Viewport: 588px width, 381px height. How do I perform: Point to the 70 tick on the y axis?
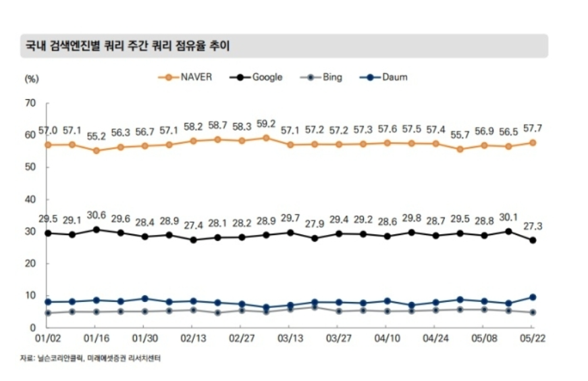click(30, 103)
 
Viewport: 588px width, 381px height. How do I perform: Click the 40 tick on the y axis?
click(30, 199)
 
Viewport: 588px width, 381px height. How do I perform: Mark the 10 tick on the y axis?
click(30, 295)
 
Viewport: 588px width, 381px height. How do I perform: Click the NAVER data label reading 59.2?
click(266, 124)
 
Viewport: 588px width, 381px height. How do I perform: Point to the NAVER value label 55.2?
click(97, 136)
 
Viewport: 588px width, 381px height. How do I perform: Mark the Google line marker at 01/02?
click(47, 233)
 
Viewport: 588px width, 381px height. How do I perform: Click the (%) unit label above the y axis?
click(31, 78)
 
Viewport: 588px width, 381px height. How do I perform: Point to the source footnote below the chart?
click(90, 359)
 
